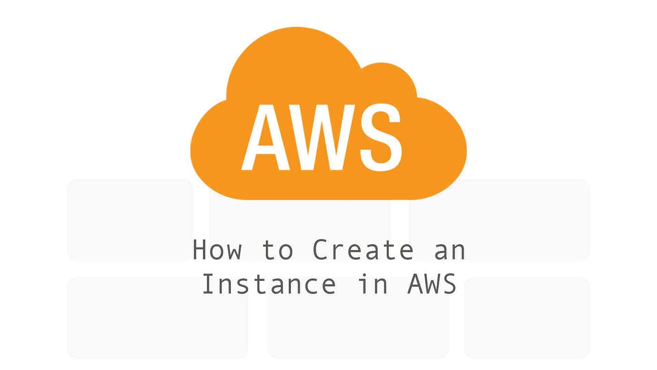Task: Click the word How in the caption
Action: click(x=217, y=250)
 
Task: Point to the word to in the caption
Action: click(x=278, y=250)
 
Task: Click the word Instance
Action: click(x=269, y=284)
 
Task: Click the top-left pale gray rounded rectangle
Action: click(x=130, y=219)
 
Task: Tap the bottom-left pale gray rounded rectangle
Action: click(x=157, y=317)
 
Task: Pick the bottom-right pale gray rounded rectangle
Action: click(x=527, y=317)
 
